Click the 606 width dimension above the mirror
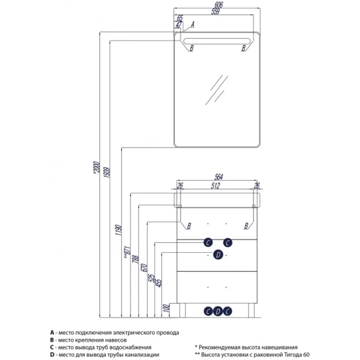[218, 4]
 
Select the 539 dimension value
[215, 11]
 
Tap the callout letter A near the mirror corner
[193, 24]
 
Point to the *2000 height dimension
[97, 167]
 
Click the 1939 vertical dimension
[107, 172]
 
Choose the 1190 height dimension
[119, 230]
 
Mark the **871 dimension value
[127, 252]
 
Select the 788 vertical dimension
[136, 259]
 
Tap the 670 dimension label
[145, 267]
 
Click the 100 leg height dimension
[167, 308]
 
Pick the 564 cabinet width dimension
[219, 177]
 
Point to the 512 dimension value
[215, 186]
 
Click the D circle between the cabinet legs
[218, 311]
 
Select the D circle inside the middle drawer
[218, 255]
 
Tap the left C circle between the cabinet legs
[208, 311]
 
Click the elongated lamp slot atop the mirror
[217, 41]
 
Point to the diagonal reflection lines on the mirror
[217, 90]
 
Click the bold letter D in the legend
[52, 355]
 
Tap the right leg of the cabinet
[252, 311]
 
